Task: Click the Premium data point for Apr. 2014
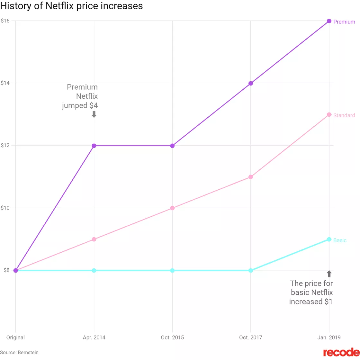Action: tap(94, 146)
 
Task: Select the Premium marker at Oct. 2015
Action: tap(172, 146)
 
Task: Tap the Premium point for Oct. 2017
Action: tap(251, 83)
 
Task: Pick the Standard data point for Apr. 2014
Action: tap(94, 239)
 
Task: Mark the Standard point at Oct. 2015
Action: tap(172, 208)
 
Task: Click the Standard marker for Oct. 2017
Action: tap(251, 177)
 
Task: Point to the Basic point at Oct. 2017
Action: tap(251, 270)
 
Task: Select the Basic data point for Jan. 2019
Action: tap(329, 239)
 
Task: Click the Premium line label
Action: tap(344, 22)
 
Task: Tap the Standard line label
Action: tap(344, 115)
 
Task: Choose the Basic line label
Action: tap(340, 240)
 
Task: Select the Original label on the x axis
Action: tap(15, 337)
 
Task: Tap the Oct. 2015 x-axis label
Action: tap(172, 337)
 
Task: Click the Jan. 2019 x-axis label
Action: tap(329, 337)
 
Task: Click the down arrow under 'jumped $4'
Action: tap(94, 114)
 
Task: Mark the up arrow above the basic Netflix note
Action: tap(329, 274)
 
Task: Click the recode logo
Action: tap(341, 352)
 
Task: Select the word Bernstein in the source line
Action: tap(28, 352)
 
